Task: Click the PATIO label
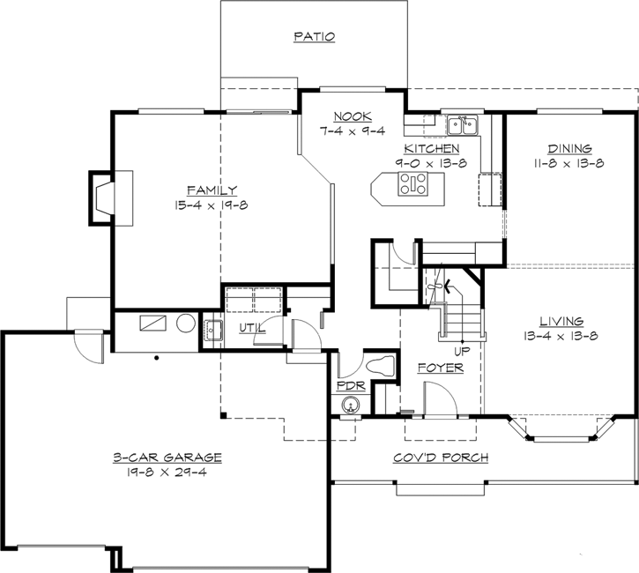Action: (x=314, y=37)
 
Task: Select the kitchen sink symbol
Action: (x=461, y=124)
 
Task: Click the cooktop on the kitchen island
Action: (x=412, y=184)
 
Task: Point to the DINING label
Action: (x=569, y=149)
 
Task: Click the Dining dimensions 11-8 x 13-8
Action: (x=569, y=164)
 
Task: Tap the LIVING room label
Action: (x=561, y=322)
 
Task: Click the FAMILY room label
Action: (x=211, y=190)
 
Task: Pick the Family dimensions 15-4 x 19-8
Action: (x=211, y=205)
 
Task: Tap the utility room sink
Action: (x=212, y=331)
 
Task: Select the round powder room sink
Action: (x=351, y=406)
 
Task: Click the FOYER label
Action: (x=440, y=368)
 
